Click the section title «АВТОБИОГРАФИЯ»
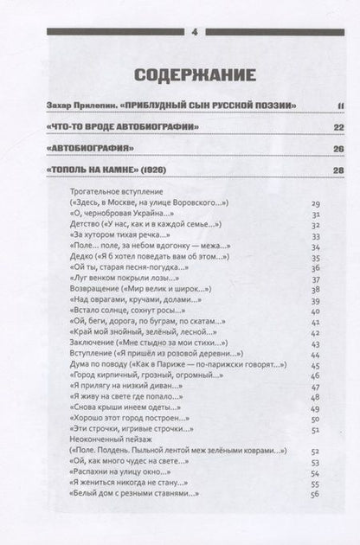88,149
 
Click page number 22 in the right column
314,128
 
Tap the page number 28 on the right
314,170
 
